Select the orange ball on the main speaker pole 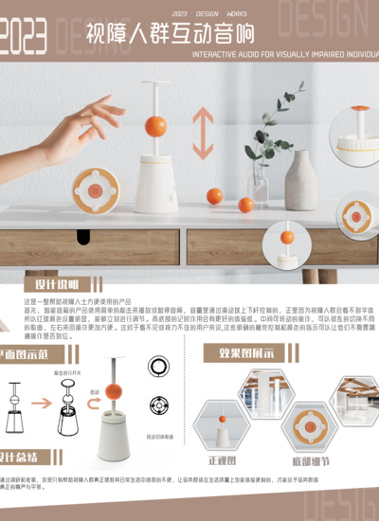[x=155, y=126]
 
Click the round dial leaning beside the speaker [x=97, y=188]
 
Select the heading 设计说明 [x=57, y=284]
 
